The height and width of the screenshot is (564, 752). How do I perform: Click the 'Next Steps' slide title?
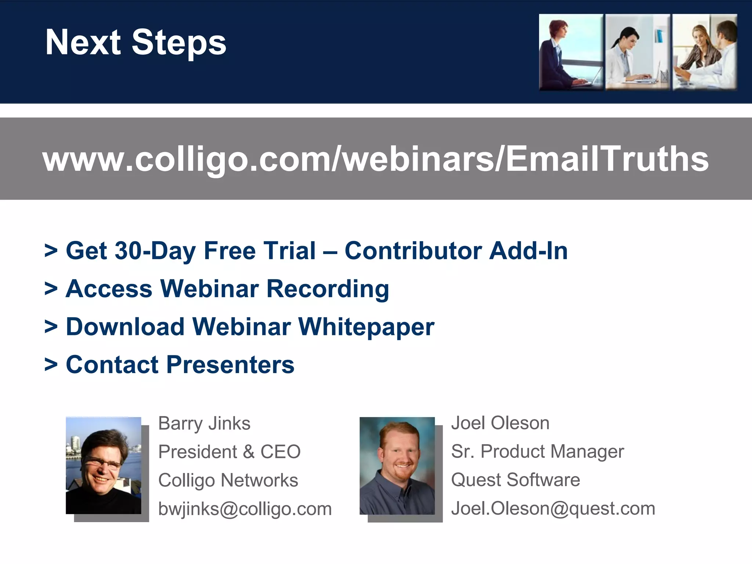point(135,43)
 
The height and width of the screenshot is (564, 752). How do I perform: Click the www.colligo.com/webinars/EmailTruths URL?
point(375,159)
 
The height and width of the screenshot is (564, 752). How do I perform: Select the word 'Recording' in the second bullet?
point(328,289)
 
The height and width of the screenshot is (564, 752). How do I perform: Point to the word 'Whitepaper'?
point(366,327)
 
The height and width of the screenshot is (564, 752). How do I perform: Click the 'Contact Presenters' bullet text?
point(180,365)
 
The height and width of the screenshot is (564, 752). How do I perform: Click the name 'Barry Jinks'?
point(204,423)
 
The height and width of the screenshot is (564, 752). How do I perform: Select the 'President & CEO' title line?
point(229,452)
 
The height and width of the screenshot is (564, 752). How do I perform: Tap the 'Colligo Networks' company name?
point(228,480)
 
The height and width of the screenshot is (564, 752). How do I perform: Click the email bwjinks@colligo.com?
point(245,509)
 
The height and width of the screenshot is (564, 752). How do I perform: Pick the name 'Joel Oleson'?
point(500,423)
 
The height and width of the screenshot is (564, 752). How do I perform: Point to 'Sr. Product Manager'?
point(537,451)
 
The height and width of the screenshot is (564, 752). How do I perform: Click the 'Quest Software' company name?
point(516,480)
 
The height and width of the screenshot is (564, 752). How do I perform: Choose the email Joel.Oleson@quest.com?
point(553,509)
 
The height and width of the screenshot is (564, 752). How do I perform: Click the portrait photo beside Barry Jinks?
point(104,465)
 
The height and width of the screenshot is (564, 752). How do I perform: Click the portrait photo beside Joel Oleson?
point(397,465)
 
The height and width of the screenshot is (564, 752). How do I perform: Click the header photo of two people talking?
point(705,52)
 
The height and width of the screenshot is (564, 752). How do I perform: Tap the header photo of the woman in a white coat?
point(637,52)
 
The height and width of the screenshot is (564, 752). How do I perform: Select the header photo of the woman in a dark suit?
point(571,52)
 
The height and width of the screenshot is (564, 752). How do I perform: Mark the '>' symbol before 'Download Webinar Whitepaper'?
point(51,326)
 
